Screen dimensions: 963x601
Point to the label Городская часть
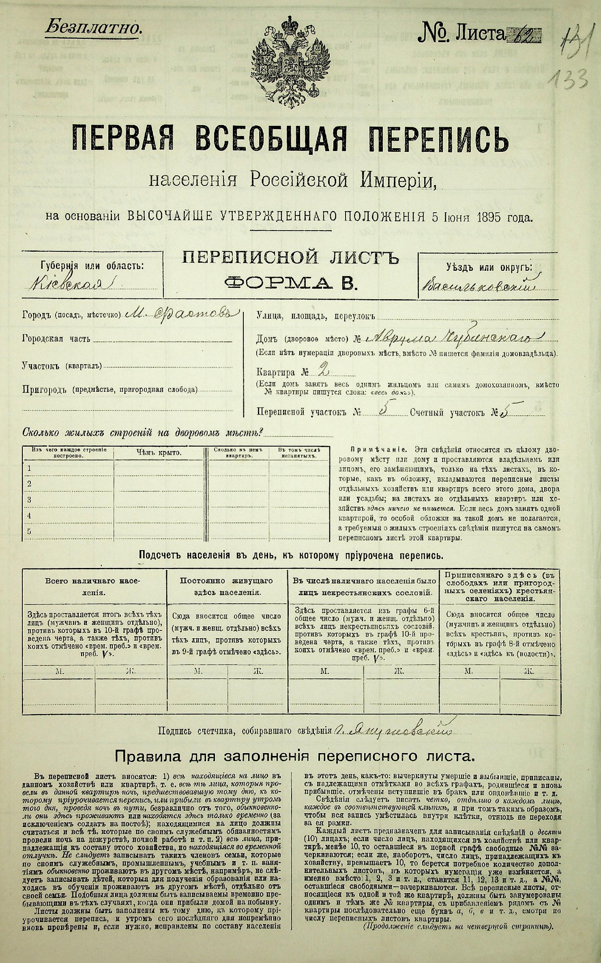(x=56, y=339)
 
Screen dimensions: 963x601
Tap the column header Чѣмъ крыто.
(x=159, y=452)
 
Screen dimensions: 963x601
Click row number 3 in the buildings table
(x=29, y=499)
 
